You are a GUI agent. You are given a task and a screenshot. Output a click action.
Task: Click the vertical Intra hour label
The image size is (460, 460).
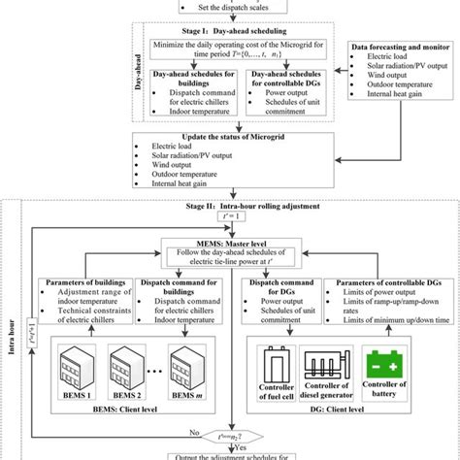click(11, 319)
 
